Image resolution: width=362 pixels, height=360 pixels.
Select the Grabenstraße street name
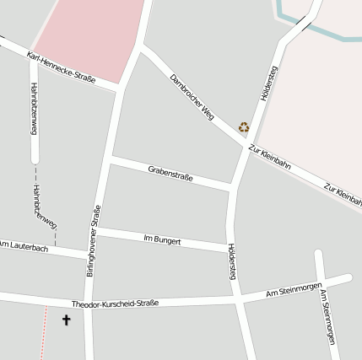[x=170, y=174]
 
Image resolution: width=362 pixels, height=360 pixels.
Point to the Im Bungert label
[x=162, y=240]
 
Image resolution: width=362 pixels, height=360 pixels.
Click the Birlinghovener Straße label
[x=94, y=240]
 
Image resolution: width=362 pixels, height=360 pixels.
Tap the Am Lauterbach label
[x=24, y=247]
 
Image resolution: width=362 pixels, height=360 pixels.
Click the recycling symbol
[x=244, y=127]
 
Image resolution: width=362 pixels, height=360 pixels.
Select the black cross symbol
[x=67, y=320]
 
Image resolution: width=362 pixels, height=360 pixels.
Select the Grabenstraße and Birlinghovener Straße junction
[x=109, y=159]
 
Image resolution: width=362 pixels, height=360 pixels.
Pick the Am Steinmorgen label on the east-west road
[x=294, y=291]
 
